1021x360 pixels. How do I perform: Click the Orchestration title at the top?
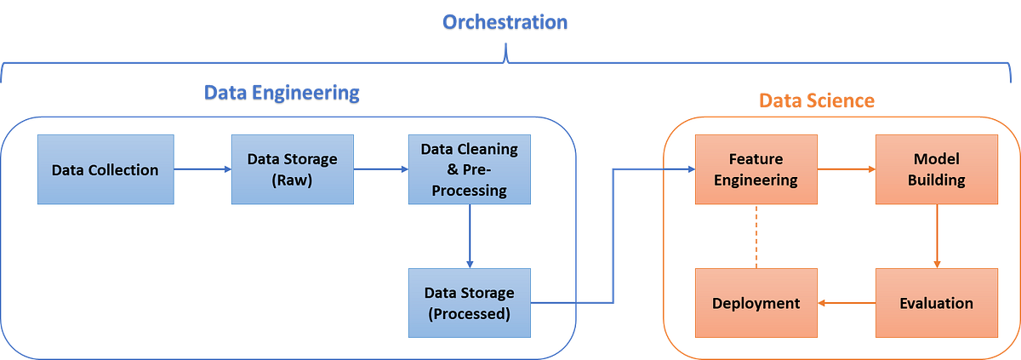[x=505, y=21]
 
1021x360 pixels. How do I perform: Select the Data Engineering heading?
[x=282, y=93]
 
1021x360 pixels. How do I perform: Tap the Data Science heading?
[x=816, y=100]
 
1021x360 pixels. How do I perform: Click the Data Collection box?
[x=106, y=169]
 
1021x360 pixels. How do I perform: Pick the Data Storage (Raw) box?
[x=292, y=169]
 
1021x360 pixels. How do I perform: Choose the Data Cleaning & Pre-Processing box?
[x=469, y=169]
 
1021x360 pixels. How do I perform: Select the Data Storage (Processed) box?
[x=469, y=303]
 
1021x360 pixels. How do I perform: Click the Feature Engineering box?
[x=756, y=169]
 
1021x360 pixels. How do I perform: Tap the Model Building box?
[x=936, y=169]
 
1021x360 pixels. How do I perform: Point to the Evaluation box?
[x=936, y=303]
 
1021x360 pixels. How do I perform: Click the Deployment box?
[x=756, y=303]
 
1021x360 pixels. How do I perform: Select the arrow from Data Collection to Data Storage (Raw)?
[x=202, y=169]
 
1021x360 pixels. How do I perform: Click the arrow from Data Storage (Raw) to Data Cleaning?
[x=380, y=169]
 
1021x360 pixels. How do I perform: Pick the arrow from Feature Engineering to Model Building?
[x=847, y=169]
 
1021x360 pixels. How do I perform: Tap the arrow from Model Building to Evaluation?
[x=936, y=236]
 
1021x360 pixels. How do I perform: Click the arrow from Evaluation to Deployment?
[x=847, y=303]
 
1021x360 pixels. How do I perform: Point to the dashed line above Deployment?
[x=756, y=236]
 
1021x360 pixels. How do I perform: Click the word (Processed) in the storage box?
[x=469, y=313]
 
